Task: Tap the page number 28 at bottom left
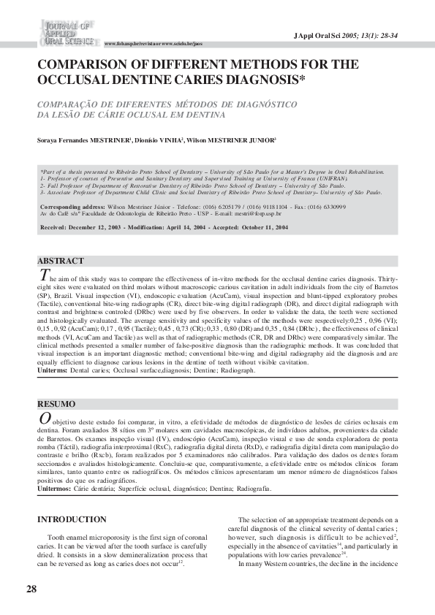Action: (31, 589)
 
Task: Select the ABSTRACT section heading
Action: (61, 261)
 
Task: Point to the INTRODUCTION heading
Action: (72, 519)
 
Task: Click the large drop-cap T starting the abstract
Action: (45, 275)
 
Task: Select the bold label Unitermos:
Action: (54, 488)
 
